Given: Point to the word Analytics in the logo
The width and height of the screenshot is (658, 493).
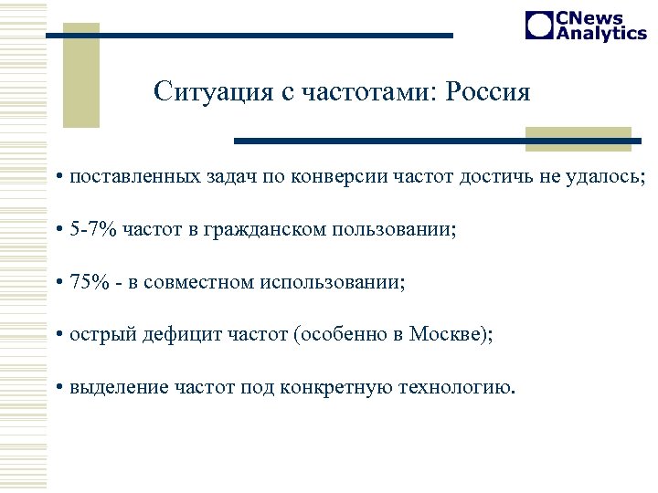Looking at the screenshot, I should [x=600, y=33].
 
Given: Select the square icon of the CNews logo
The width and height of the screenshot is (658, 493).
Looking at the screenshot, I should [x=539, y=26].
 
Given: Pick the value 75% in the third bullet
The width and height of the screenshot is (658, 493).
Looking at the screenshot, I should [x=87, y=282].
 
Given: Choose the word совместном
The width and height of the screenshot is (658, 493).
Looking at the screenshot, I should [x=201, y=282].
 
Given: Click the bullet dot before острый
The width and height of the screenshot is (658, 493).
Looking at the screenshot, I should [x=58, y=335].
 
